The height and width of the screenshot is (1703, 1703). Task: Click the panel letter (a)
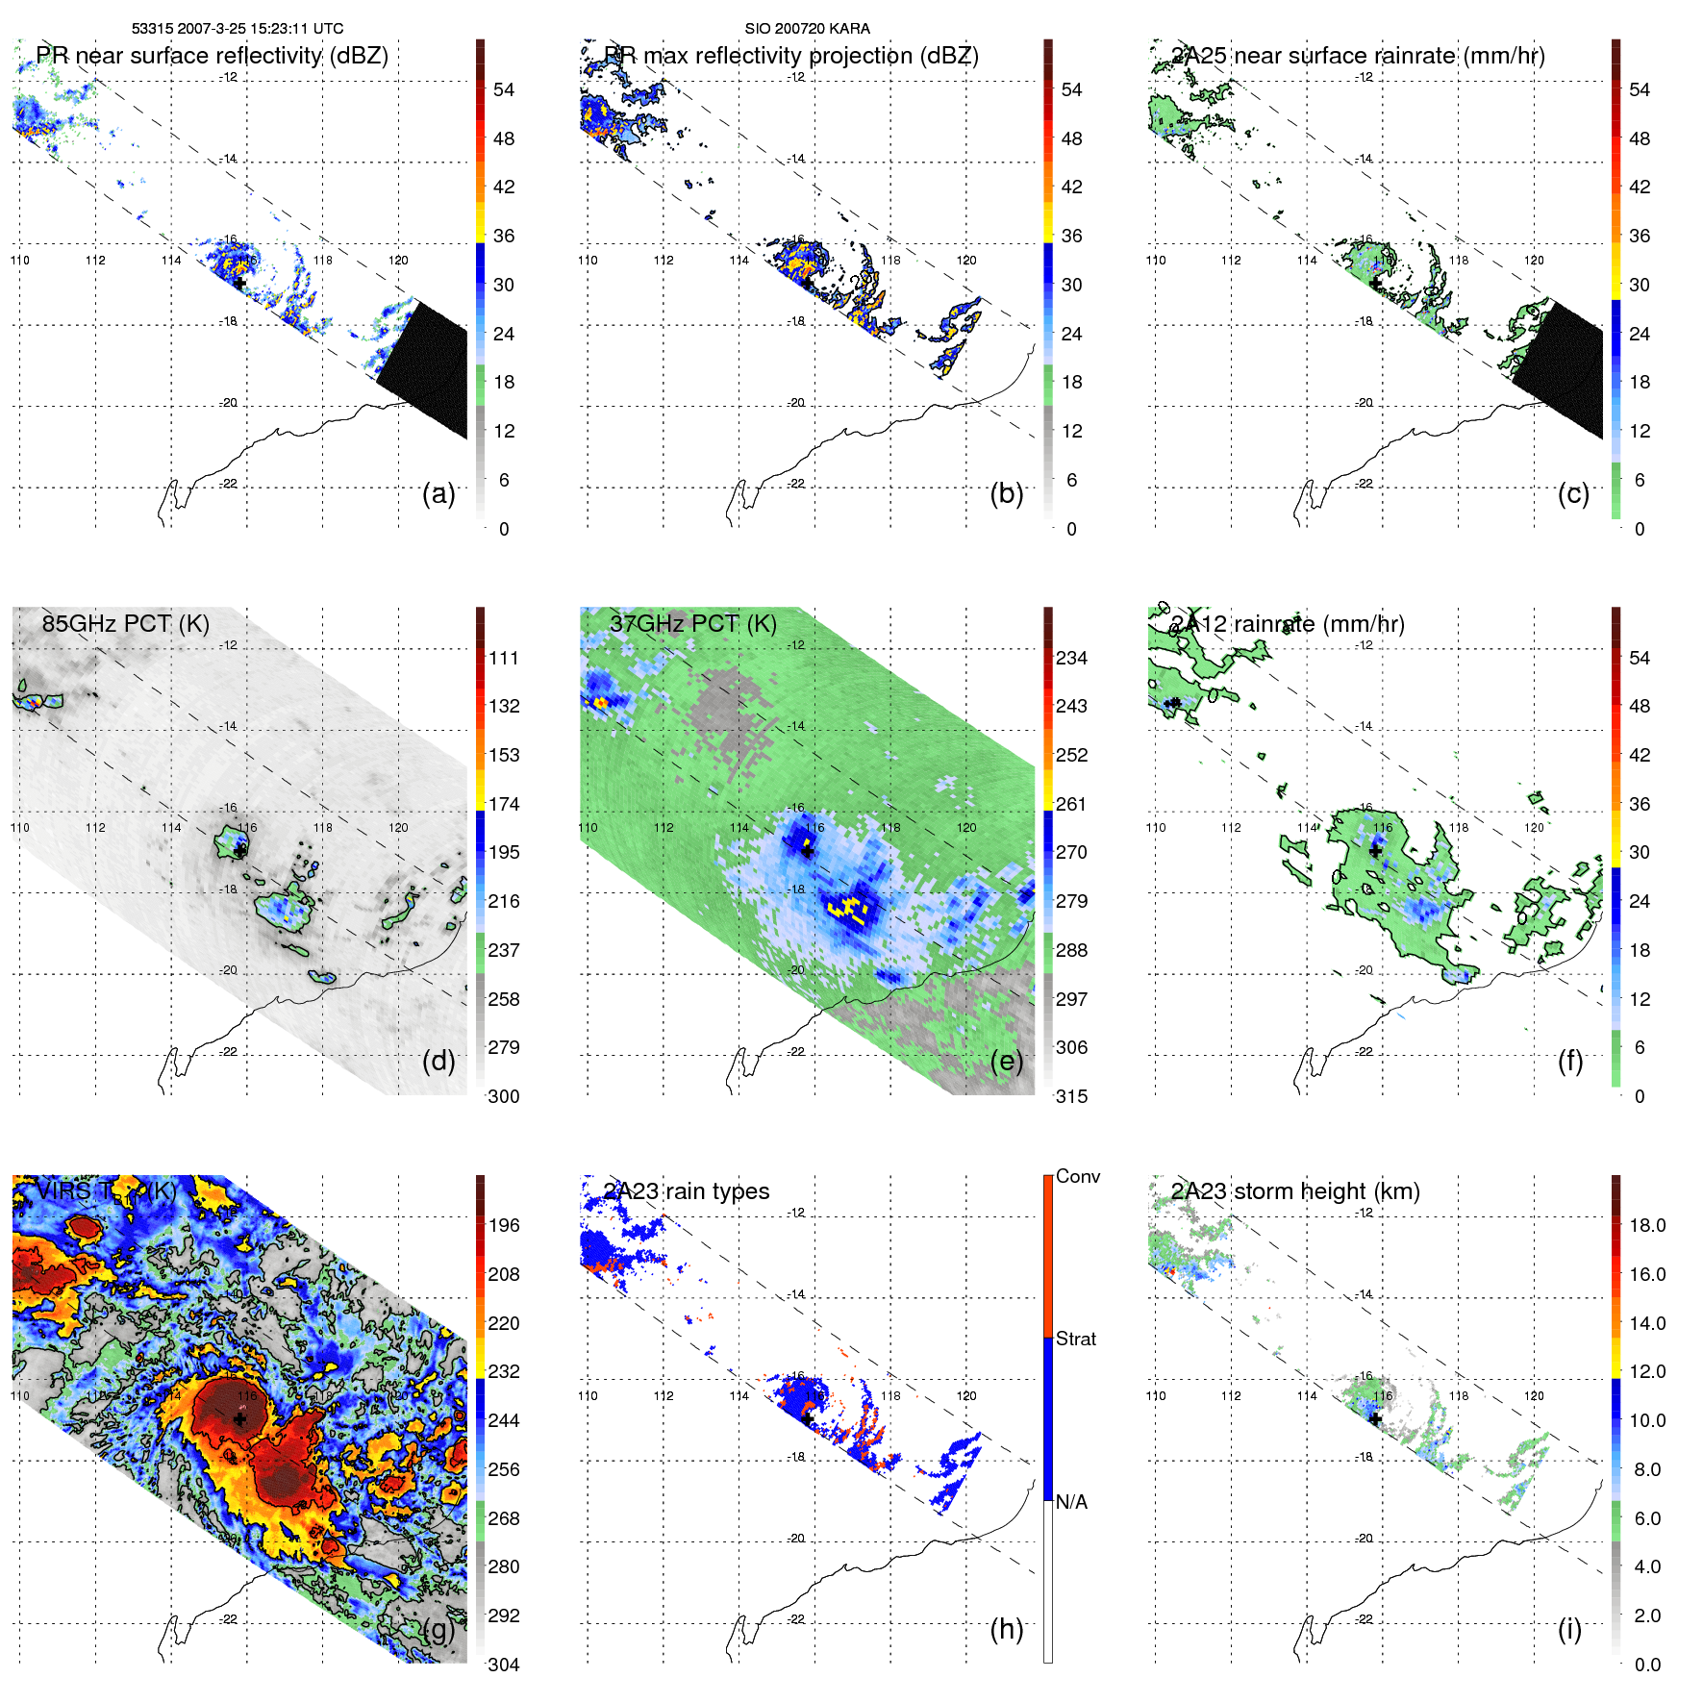pos(438,493)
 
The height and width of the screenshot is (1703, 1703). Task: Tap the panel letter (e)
pos(1006,1061)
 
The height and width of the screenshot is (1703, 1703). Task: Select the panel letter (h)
pos(1006,1628)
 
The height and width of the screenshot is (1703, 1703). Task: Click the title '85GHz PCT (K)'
pos(125,623)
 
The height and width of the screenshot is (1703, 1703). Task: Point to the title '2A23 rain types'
pos(687,1191)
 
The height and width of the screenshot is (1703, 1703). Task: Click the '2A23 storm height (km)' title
pos(1295,1191)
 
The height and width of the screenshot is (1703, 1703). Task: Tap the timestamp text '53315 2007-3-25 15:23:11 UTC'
pos(238,29)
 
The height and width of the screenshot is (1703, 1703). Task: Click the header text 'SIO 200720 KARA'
pos(807,29)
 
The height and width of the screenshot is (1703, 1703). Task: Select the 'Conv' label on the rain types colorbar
pos(1078,1176)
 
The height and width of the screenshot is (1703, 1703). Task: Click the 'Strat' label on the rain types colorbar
pos(1076,1339)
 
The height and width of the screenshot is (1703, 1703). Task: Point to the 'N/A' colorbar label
pos(1071,1502)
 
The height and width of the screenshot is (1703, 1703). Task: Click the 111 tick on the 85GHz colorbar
pos(504,658)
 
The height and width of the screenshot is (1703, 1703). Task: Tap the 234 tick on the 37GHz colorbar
pos(1071,658)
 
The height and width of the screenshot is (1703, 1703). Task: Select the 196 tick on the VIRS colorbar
pos(504,1225)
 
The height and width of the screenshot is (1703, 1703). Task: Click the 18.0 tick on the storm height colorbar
pos(1647,1225)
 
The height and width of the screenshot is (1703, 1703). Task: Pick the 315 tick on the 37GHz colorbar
pos(1071,1096)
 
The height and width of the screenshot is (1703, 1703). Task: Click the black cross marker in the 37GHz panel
pos(807,851)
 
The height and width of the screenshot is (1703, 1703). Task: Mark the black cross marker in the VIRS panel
pos(239,1418)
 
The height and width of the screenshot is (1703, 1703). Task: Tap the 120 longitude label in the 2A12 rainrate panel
pos(1534,828)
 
